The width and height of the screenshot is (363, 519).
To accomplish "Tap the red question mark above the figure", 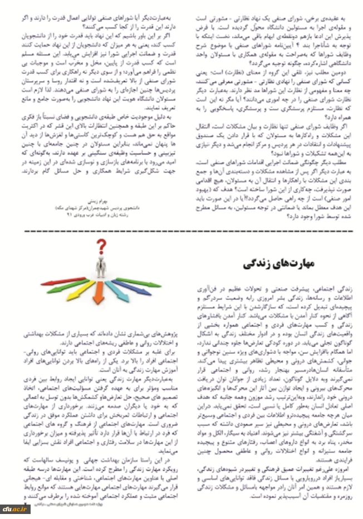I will tap(101, 246).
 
